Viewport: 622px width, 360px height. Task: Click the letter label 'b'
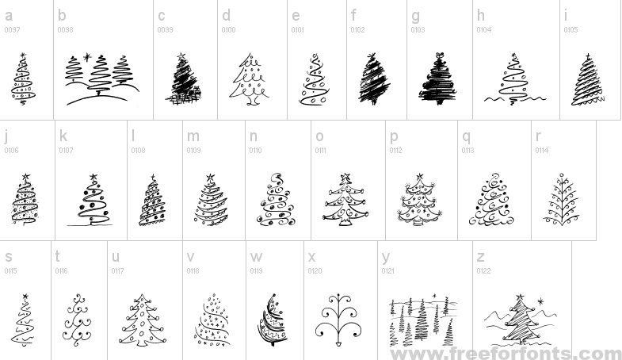click(x=62, y=16)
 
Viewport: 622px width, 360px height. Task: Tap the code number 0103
click(x=418, y=30)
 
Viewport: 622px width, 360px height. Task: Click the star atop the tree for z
click(x=520, y=297)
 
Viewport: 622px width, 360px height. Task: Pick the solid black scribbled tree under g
click(x=438, y=79)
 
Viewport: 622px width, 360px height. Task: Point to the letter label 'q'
click(x=466, y=137)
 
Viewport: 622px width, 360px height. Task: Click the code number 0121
click(x=388, y=271)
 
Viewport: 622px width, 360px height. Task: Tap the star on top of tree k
click(x=93, y=177)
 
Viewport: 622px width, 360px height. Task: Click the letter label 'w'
click(x=256, y=257)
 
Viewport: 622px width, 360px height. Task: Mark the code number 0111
click(x=321, y=151)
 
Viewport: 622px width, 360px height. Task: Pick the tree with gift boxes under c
click(x=184, y=79)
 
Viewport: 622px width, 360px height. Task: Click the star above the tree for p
click(x=420, y=177)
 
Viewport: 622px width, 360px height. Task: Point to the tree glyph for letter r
click(x=562, y=199)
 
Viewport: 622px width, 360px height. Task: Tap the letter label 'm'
click(x=193, y=136)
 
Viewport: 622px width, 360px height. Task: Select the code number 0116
click(x=62, y=271)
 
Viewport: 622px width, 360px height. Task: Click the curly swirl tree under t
click(x=77, y=320)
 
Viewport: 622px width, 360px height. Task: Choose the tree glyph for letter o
click(x=345, y=199)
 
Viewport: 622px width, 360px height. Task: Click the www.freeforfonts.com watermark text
click(x=506, y=353)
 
